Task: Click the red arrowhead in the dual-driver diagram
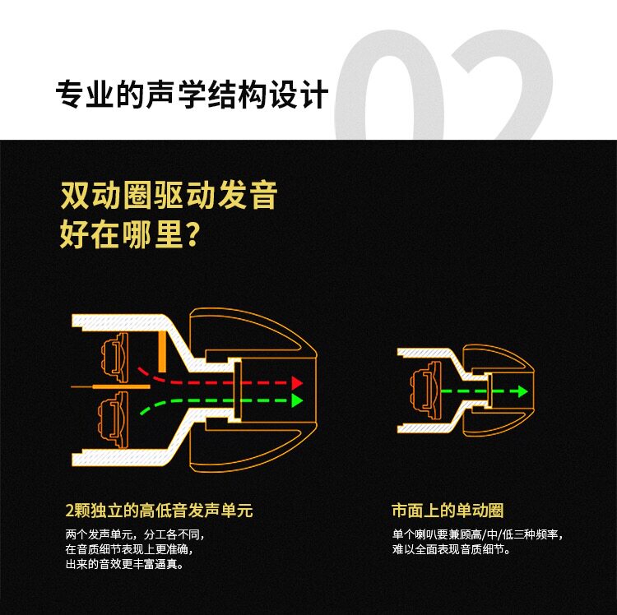298,383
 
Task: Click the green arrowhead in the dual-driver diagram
298,401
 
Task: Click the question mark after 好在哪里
192,234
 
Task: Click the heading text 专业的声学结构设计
192,95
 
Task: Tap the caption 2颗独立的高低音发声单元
158,511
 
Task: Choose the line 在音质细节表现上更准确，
132,549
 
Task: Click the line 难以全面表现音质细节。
451,549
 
